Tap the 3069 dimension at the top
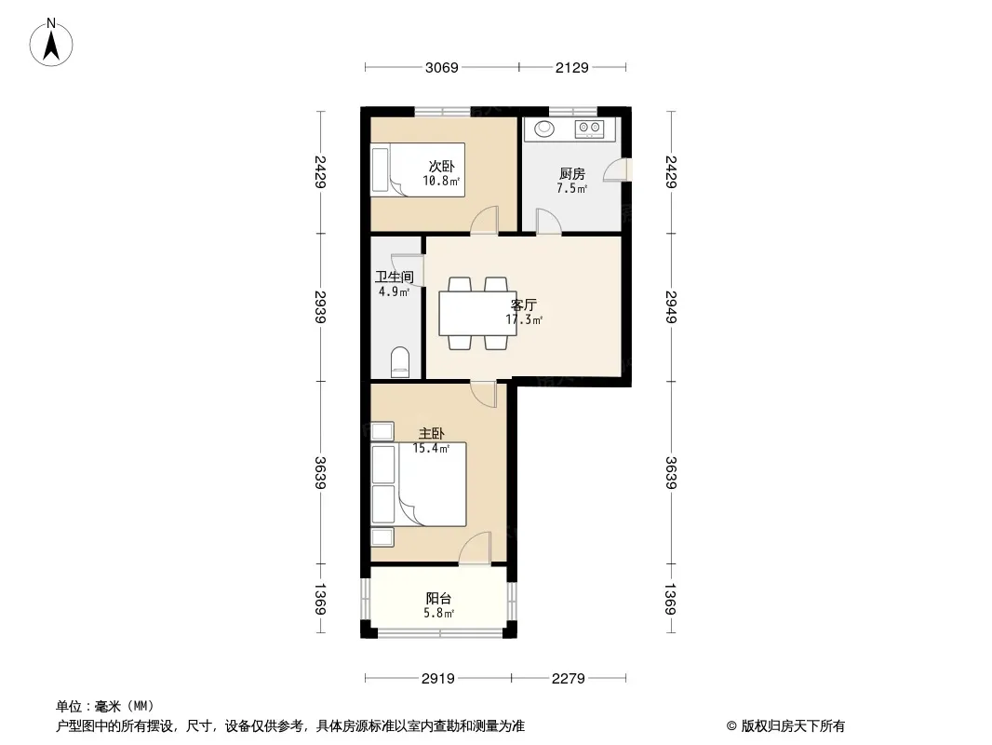[442, 67]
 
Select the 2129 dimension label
[572, 67]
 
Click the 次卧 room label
[442, 167]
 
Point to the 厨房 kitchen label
[572, 173]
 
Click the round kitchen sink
[544, 129]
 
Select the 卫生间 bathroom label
[395, 277]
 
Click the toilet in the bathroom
[400, 362]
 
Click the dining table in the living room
[477, 313]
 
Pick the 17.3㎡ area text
[524, 319]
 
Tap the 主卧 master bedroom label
[432, 434]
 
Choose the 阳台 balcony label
[438, 598]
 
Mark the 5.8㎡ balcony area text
[438, 613]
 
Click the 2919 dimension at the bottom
[437, 679]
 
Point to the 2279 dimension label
[569, 679]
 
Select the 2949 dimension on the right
[671, 307]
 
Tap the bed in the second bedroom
[418, 169]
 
